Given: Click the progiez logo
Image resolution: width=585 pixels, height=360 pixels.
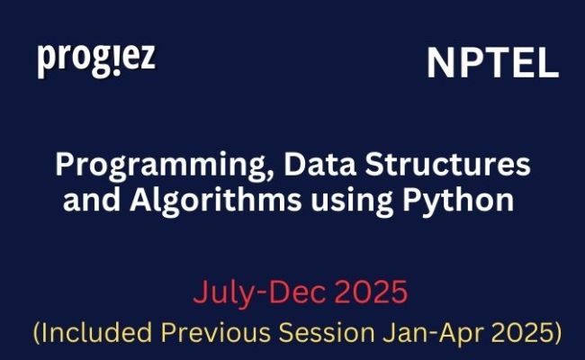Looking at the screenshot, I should (96, 59).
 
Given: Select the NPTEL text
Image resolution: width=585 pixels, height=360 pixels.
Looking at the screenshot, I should (492, 63).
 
